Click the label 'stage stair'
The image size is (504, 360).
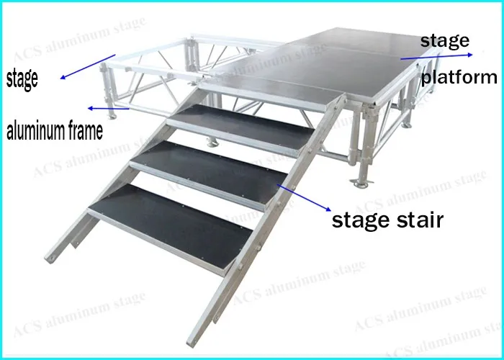point(387,219)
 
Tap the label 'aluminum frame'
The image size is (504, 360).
point(54,131)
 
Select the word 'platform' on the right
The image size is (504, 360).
point(459,77)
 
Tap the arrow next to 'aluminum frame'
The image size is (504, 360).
point(108,109)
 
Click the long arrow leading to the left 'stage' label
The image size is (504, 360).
point(87,66)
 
